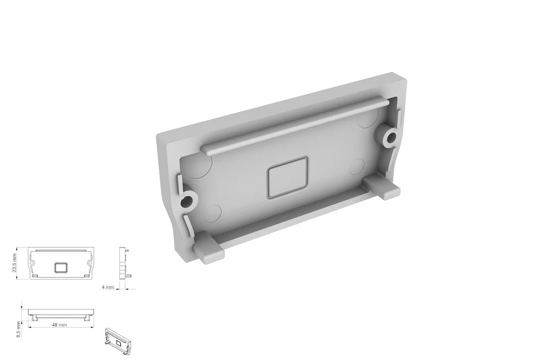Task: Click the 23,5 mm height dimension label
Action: coord(14,263)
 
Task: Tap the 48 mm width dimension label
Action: coord(60,325)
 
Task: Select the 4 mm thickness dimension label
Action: coord(108,287)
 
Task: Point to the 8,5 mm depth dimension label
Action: coord(18,329)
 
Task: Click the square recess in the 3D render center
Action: coord(287,178)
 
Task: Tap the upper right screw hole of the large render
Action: coord(391,138)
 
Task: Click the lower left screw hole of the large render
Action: coord(187,201)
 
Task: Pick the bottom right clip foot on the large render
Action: coord(382,187)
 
